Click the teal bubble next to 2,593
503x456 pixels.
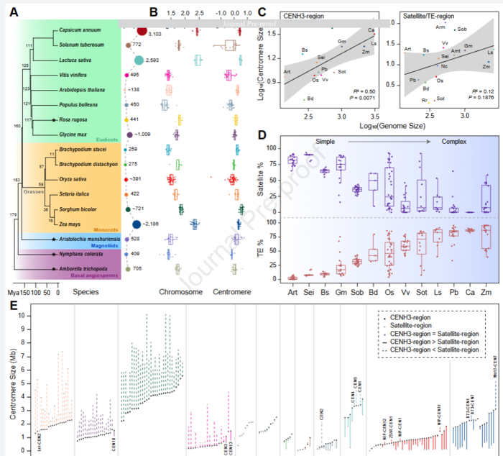click(x=139, y=60)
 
